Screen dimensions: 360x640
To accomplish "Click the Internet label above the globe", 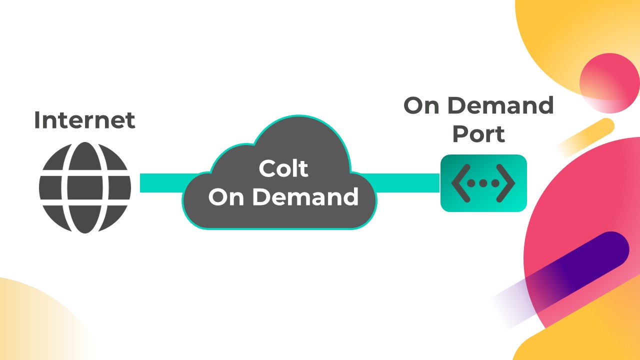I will tap(84, 120).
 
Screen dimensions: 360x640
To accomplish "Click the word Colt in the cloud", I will tap(283, 169).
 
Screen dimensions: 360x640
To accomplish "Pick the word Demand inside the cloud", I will tap(305, 197).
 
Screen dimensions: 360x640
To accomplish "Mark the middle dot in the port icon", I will tap(483, 183).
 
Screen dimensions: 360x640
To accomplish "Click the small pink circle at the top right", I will tap(609, 82).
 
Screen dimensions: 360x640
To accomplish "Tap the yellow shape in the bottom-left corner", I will tap(30, 320).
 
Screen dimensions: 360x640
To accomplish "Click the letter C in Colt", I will tap(266, 169).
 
